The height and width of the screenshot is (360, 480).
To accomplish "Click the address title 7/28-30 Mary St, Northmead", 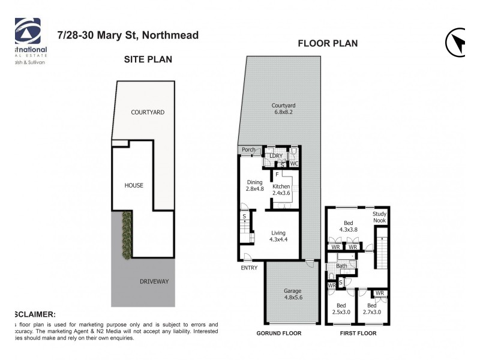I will (x=128, y=35).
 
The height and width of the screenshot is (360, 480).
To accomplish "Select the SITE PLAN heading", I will (x=148, y=59).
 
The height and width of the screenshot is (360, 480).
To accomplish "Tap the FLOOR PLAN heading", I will (x=328, y=43).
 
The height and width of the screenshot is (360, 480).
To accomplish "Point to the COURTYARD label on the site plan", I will (x=148, y=112).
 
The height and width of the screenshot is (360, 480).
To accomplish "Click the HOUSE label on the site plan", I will (x=134, y=185).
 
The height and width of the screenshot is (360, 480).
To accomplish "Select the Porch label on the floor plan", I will (x=248, y=150).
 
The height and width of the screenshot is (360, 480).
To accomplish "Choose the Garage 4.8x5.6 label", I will (x=292, y=295).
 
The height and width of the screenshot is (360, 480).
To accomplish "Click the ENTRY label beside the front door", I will (x=249, y=268).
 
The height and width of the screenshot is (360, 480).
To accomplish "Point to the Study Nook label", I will (x=379, y=217).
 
